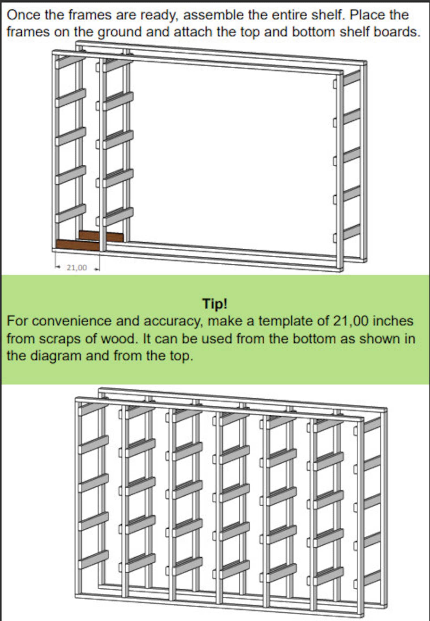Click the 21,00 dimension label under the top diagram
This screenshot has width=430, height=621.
point(77,268)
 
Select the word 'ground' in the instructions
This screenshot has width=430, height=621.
point(119,32)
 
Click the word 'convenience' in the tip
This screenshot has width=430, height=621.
point(71,321)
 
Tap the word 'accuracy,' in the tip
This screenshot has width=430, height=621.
point(173,321)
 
